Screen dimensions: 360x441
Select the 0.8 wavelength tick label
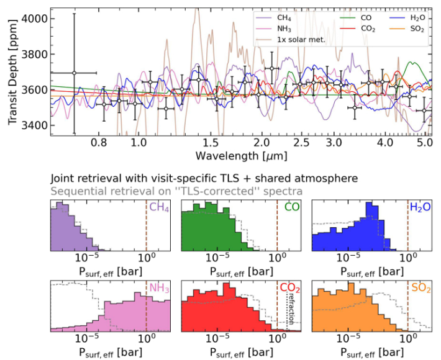pos(99,142)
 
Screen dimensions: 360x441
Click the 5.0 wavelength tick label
pos(425,142)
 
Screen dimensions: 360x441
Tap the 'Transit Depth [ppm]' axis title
pos(12,71)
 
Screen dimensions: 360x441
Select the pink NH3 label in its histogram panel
pos(158,289)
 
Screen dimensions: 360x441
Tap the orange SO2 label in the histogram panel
pos(420,289)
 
